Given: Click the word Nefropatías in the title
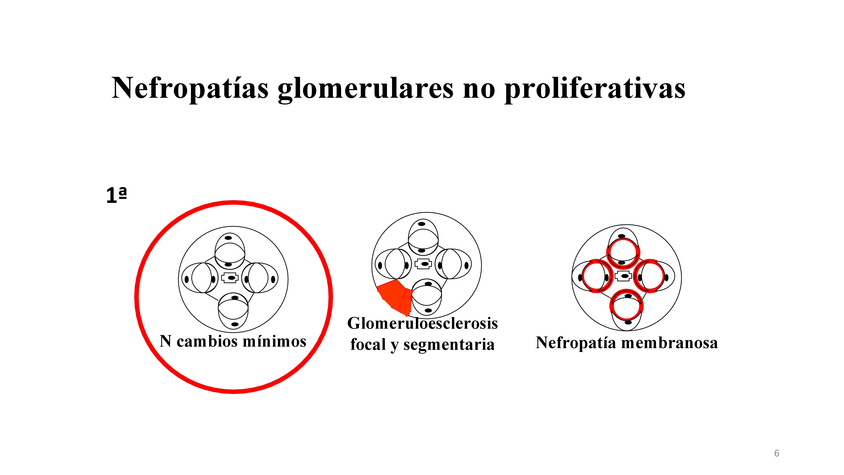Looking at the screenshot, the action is pos(190,88).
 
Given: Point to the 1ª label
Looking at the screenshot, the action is pos(116,196).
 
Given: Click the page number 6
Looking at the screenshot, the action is pos(776,453).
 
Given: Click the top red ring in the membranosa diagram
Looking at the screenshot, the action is pos(623,253).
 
